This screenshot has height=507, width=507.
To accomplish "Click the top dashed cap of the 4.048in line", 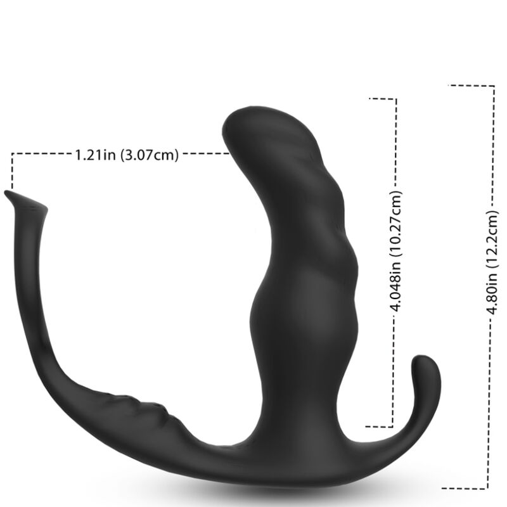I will coord(383,99).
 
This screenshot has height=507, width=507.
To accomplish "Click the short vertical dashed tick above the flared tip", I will coord(11,172).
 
